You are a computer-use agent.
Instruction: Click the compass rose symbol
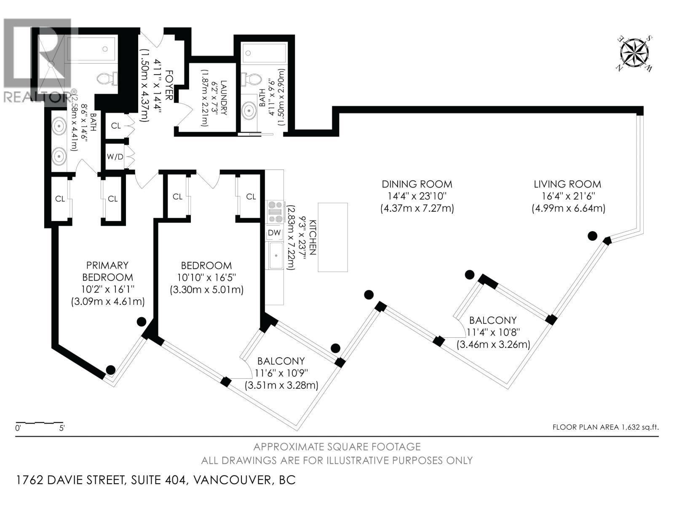(x=634, y=54)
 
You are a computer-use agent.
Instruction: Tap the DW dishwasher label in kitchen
(x=274, y=233)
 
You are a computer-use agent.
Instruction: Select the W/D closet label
(x=115, y=157)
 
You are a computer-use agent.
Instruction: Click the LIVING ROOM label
(x=567, y=184)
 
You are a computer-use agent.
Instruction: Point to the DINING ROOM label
(x=417, y=184)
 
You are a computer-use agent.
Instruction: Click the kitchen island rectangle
(x=333, y=237)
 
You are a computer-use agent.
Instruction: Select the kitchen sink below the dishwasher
(x=276, y=256)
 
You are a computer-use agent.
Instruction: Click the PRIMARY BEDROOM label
(x=107, y=271)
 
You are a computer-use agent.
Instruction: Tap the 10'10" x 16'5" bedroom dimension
(x=206, y=278)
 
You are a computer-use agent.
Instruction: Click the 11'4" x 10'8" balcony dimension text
(x=493, y=332)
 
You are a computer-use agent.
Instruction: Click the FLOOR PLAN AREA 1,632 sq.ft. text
(x=605, y=427)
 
